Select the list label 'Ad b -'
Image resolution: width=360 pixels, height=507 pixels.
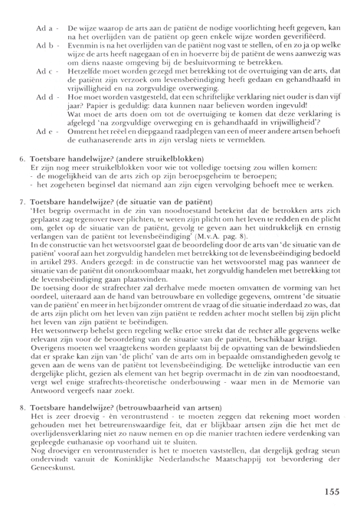[44, 46]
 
